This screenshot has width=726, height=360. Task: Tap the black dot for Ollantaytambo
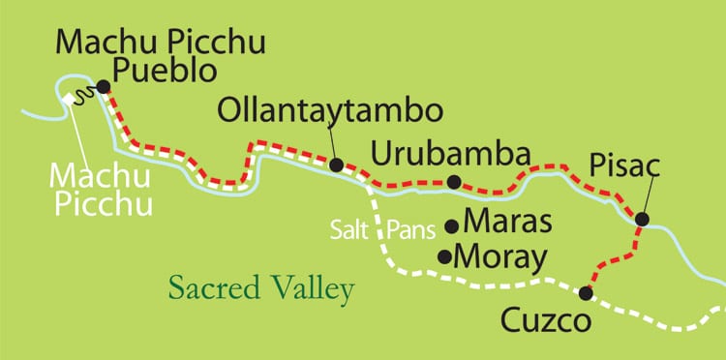pos(335,165)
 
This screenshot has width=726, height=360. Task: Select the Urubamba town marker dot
pos(453,182)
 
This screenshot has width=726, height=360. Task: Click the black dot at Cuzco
pos(585,292)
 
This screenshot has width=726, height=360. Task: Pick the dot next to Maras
pos(451,226)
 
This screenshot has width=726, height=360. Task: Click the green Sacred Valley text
pos(260,287)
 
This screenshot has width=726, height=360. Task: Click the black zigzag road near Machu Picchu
pos(83,94)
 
